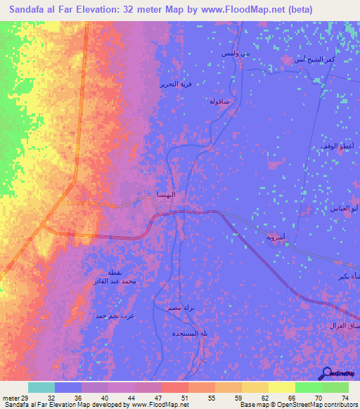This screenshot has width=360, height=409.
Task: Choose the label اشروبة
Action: click(275, 238)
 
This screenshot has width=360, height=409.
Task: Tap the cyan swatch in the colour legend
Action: click(41, 387)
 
